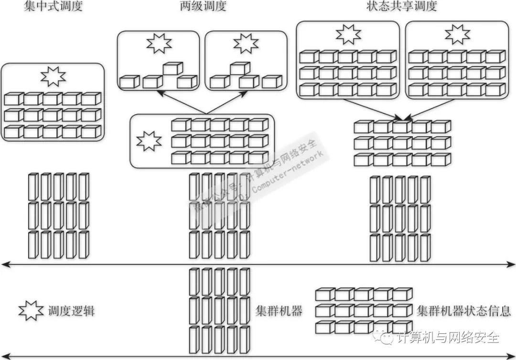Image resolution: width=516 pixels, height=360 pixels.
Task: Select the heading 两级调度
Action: click(x=203, y=6)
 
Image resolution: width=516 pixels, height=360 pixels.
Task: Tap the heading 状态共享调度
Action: click(x=402, y=6)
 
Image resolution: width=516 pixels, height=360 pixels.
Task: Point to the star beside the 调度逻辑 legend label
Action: click(x=31, y=311)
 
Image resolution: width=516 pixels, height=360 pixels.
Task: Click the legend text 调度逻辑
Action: click(x=71, y=311)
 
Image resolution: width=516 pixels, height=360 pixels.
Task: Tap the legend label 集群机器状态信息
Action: click(x=463, y=311)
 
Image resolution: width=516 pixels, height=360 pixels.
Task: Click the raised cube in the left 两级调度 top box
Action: click(x=173, y=69)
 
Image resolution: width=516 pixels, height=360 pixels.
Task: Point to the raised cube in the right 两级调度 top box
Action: click(x=240, y=69)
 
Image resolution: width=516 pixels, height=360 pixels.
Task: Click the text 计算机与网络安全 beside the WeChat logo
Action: click(x=448, y=338)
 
